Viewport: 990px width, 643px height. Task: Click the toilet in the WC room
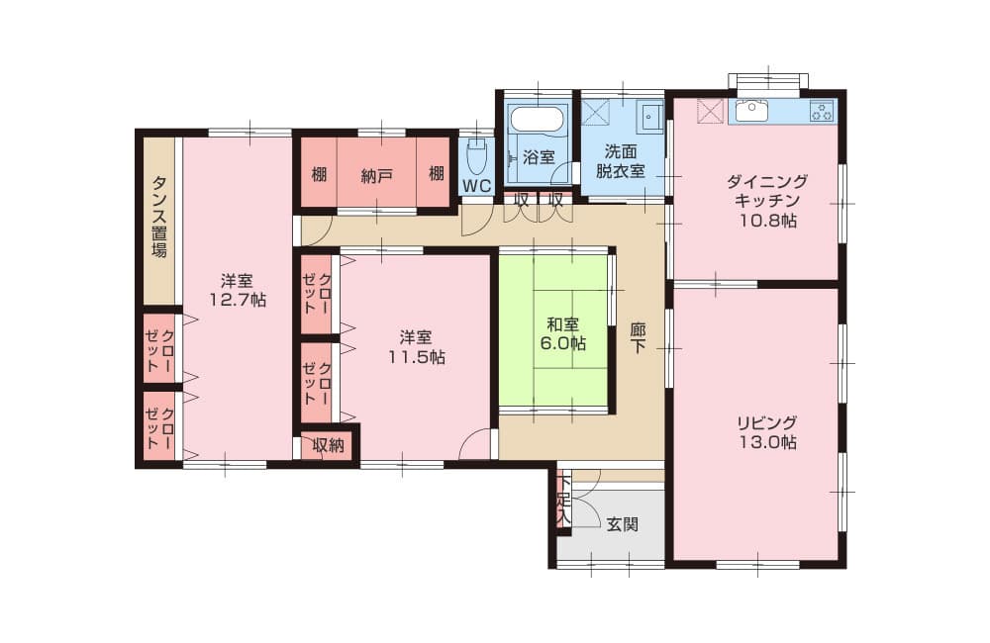[475, 156]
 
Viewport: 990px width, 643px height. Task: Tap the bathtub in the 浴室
[539, 120]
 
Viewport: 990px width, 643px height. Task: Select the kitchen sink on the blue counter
[751, 111]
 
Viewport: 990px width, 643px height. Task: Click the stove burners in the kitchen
[822, 111]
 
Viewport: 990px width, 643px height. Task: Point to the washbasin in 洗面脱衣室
[650, 117]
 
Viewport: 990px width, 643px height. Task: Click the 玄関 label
[623, 524]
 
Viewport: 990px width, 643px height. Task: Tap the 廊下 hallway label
[638, 338]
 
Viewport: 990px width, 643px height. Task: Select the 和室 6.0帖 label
[562, 333]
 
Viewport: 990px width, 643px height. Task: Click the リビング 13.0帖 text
[768, 431]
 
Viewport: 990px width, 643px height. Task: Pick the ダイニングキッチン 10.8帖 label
[768, 201]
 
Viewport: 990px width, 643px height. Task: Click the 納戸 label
[377, 176]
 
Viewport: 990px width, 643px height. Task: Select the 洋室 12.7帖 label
[238, 290]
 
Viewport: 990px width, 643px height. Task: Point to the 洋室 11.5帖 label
[416, 347]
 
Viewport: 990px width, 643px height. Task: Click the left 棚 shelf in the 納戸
[319, 173]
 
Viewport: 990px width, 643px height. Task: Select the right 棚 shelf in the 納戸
[437, 173]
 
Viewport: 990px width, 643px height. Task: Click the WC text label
[477, 186]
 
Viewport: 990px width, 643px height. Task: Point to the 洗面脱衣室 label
[621, 161]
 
